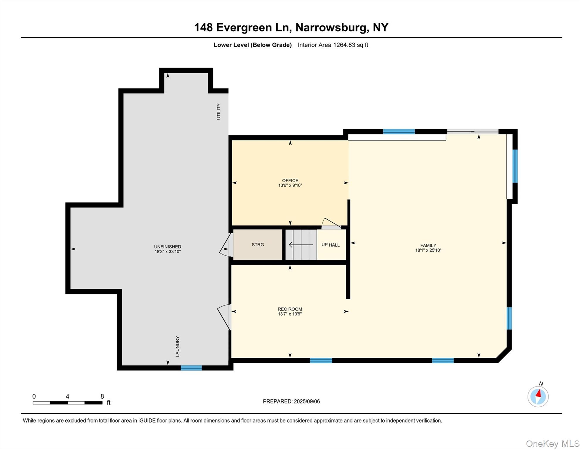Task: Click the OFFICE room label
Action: [x=290, y=180]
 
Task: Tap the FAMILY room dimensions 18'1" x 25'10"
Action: [x=428, y=250]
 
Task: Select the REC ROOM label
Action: [x=290, y=309]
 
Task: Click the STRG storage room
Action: [x=258, y=245]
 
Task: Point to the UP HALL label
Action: [x=331, y=245]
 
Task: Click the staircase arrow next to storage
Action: [x=301, y=245]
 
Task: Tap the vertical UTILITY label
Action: [x=218, y=112]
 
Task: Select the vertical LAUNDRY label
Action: [x=177, y=346]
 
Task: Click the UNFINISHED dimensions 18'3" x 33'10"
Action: [x=168, y=251]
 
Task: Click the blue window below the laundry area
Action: [x=191, y=368]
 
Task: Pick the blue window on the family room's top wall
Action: [x=399, y=132]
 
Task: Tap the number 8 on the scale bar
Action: [x=102, y=396]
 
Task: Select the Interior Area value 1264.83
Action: [x=344, y=45]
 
